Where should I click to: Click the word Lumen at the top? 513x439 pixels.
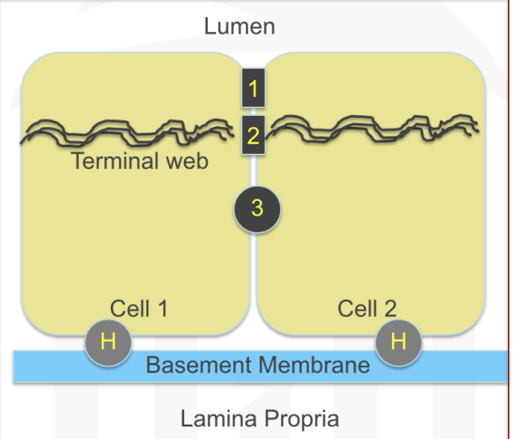click(240, 26)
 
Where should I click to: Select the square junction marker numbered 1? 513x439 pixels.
click(253, 88)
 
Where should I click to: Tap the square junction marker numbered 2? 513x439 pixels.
click(253, 135)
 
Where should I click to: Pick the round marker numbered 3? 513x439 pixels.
click(257, 208)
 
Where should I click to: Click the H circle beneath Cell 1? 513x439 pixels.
click(108, 342)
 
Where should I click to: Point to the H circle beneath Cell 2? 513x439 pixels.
click(398, 342)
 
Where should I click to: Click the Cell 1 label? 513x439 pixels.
click(139, 309)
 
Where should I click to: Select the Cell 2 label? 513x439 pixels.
click(368, 309)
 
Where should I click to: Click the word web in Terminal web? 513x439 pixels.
click(186, 161)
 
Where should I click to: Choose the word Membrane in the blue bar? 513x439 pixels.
click(314, 365)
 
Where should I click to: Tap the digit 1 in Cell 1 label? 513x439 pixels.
click(161, 309)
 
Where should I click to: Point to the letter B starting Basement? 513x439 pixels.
click(152, 365)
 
